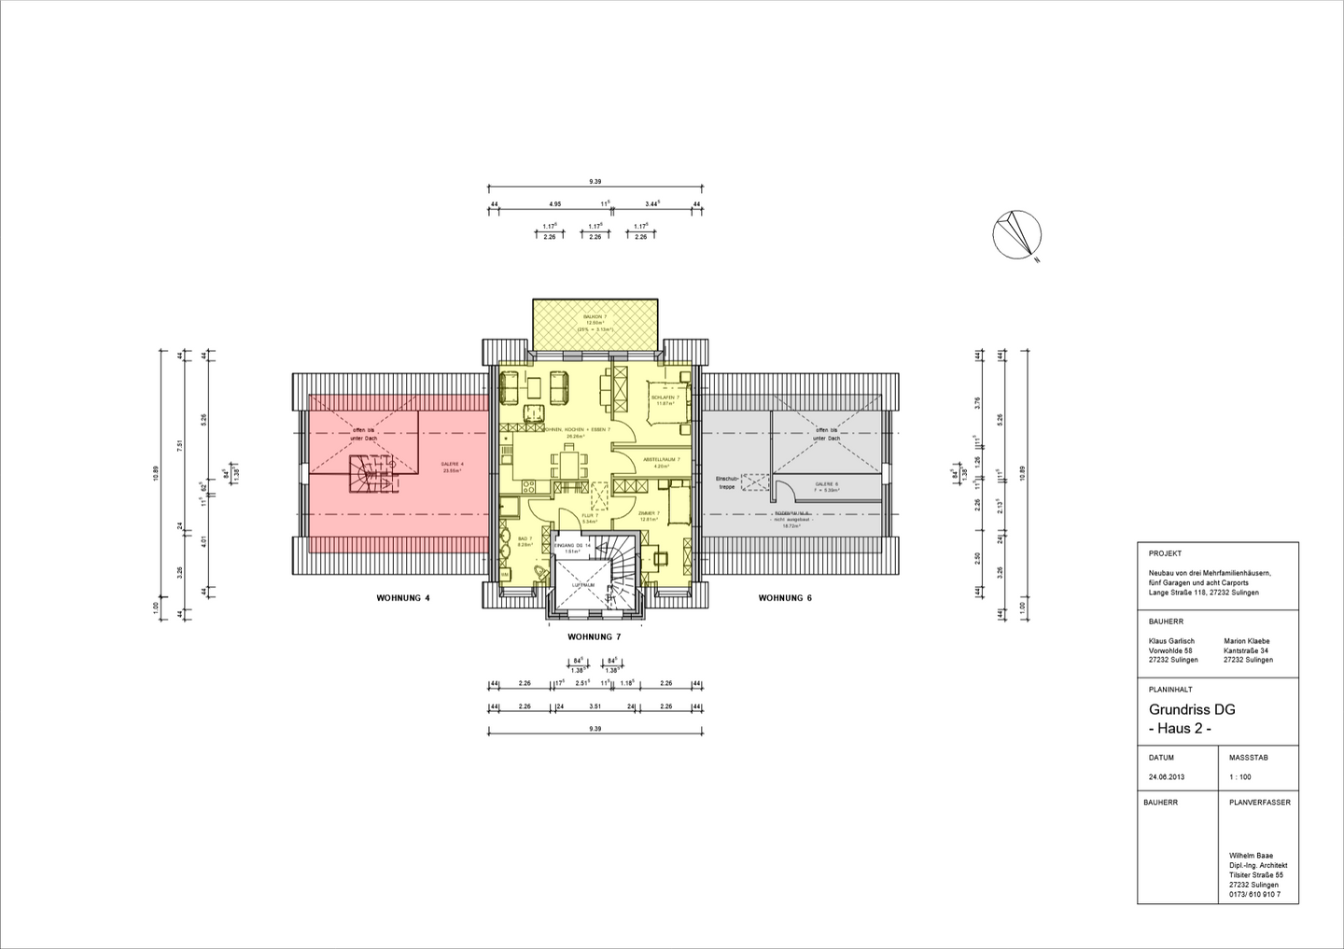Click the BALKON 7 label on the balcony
click(x=595, y=317)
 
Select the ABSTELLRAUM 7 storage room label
click(x=662, y=461)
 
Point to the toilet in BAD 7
click(x=537, y=571)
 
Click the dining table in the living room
click(x=569, y=461)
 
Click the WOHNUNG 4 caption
click(x=403, y=598)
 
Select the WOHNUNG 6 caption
click(x=785, y=598)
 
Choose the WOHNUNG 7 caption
click(x=595, y=637)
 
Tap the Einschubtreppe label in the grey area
click(x=726, y=482)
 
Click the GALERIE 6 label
click(x=826, y=484)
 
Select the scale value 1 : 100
click(x=1239, y=777)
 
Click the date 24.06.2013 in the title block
click(x=1166, y=777)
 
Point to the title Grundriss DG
click(x=1192, y=710)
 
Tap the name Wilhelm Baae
click(x=1251, y=856)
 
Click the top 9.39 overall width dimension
click(x=595, y=181)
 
